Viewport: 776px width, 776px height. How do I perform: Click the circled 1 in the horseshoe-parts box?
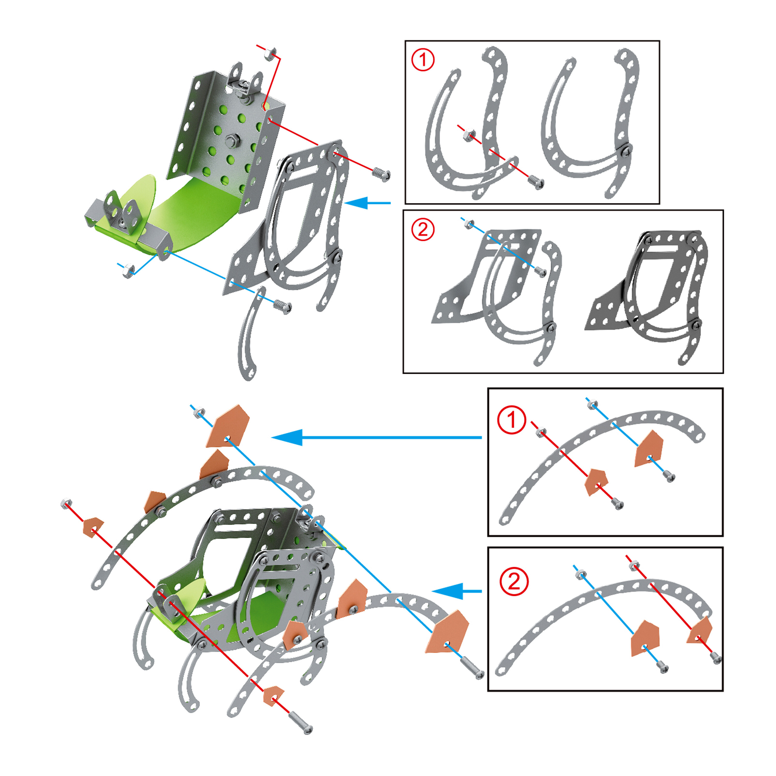pyautogui.click(x=423, y=60)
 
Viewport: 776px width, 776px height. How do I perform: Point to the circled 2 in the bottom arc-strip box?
pyautogui.click(x=514, y=581)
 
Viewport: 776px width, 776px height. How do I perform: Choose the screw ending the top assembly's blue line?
pyautogui.click(x=282, y=307)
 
